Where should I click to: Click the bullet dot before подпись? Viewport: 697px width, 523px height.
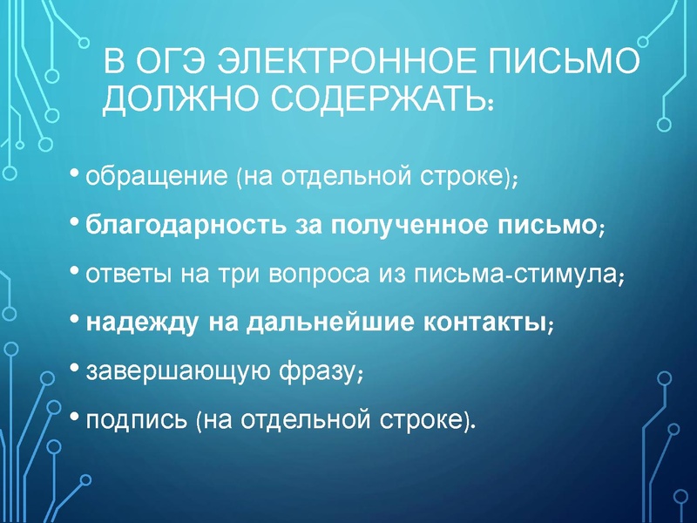pos(75,416)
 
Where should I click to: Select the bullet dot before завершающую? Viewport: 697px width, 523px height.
pos(75,367)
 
